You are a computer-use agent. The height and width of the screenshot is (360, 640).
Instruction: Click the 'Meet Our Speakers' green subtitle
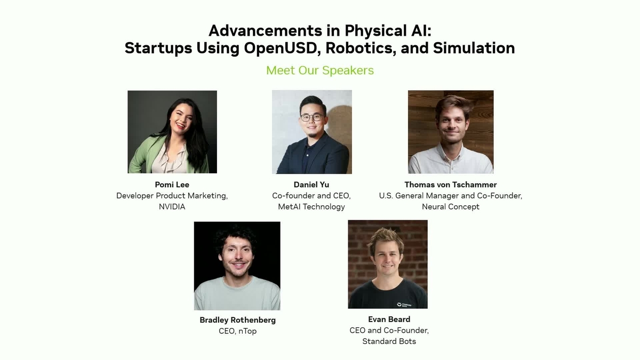[320, 70]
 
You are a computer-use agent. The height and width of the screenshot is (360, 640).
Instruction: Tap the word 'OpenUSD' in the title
[282, 48]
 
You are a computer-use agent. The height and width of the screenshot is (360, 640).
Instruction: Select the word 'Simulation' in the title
[474, 48]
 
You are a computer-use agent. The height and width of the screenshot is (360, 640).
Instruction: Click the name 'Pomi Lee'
[172, 185]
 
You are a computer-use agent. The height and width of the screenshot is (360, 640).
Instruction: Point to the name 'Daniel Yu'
[311, 185]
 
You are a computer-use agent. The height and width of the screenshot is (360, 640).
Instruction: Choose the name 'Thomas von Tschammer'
[450, 185]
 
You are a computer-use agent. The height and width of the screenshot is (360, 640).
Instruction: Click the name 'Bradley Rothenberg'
[237, 320]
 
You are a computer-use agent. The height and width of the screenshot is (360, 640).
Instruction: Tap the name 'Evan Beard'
[389, 319]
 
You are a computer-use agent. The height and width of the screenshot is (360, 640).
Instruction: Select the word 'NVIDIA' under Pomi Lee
[172, 206]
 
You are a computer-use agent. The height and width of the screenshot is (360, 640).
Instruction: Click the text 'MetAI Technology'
[311, 206]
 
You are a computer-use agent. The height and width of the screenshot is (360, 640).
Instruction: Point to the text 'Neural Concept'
[450, 206]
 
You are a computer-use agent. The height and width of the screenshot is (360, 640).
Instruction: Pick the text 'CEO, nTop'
[237, 331]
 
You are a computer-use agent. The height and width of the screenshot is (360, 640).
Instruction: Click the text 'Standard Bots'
[389, 341]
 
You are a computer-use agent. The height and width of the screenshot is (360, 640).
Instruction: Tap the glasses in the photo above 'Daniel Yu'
[310, 117]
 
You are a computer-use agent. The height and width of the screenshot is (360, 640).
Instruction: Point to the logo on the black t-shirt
[403, 305]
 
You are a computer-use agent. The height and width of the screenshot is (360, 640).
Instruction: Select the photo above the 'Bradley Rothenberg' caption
[237, 266]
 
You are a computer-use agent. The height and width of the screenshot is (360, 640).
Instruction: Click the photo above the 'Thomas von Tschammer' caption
[451, 132]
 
